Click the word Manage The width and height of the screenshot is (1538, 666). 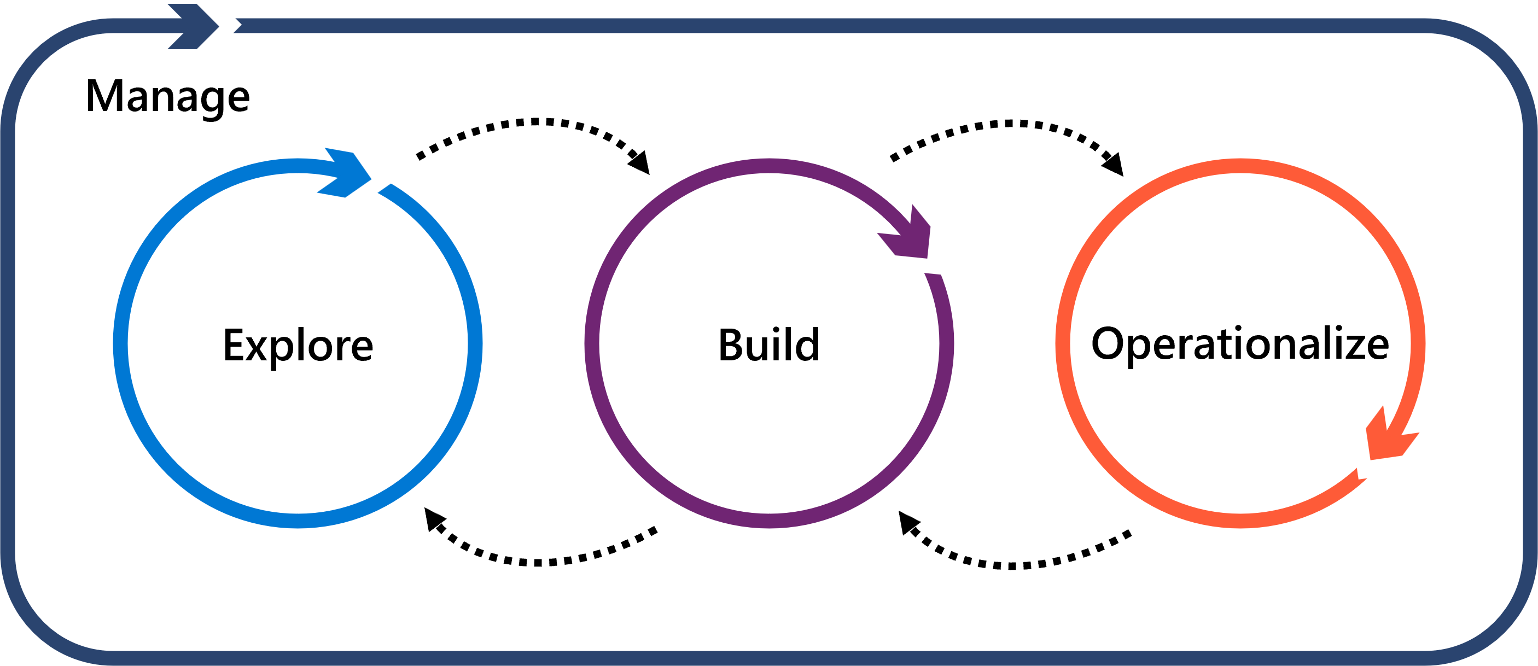(167, 97)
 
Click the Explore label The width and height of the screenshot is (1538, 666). (298, 345)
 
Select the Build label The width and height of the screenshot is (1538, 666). (769, 345)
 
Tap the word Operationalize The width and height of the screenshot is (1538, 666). (1240, 344)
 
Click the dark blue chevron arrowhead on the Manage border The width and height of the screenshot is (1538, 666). (194, 26)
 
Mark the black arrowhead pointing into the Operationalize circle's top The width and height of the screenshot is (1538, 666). (1114, 165)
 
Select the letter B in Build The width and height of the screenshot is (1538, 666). (731, 345)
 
